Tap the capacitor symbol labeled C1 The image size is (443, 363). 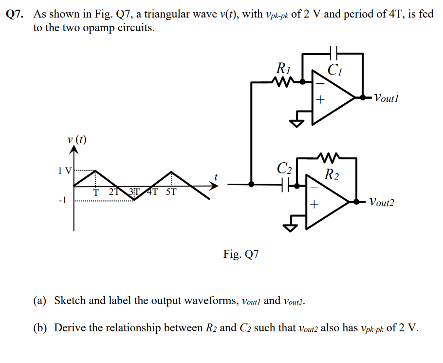(333, 53)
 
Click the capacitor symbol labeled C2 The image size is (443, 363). (285, 185)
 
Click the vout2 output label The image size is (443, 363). (382, 202)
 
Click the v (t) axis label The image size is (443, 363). (77, 139)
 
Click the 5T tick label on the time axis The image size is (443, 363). (171, 191)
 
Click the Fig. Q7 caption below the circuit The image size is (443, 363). (241, 254)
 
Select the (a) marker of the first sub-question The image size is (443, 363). (40, 300)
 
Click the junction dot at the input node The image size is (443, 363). (251, 185)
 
